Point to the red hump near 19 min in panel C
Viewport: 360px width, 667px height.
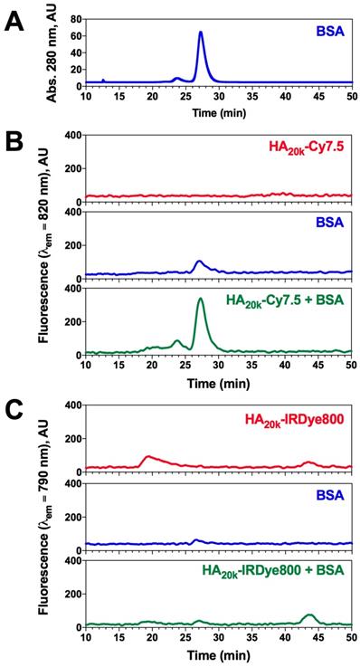(148, 457)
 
